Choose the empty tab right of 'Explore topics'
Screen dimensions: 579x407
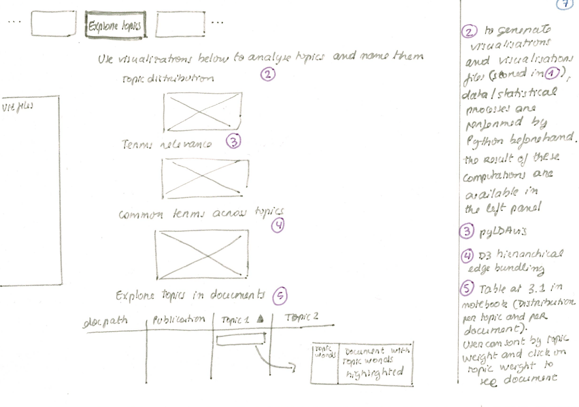point(180,24)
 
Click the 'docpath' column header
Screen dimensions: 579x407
point(105,321)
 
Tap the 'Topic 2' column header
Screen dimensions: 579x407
point(302,317)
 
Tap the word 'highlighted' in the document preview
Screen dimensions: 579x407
point(375,373)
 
